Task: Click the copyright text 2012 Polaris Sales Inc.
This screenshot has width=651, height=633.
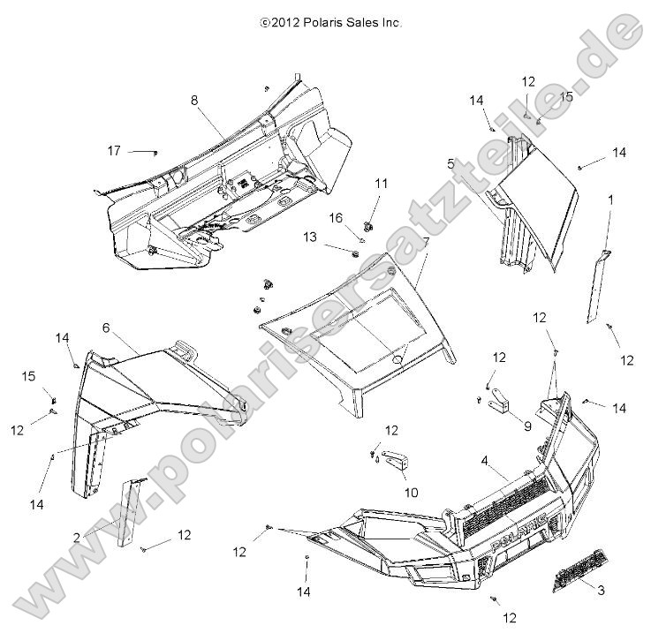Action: (x=331, y=24)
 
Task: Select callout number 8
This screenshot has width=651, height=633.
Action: (x=194, y=101)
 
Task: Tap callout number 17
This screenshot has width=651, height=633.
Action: (x=114, y=151)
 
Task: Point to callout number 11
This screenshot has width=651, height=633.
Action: (x=381, y=184)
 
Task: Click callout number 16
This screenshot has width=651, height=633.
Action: (x=336, y=217)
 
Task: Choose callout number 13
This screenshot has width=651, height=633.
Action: (x=309, y=237)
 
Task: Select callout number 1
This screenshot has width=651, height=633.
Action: (x=609, y=200)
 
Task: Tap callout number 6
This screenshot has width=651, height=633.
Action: (x=106, y=328)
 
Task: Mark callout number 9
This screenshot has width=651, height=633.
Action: (x=527, y=425)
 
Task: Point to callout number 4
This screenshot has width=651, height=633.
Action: (x=484, y=459)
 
